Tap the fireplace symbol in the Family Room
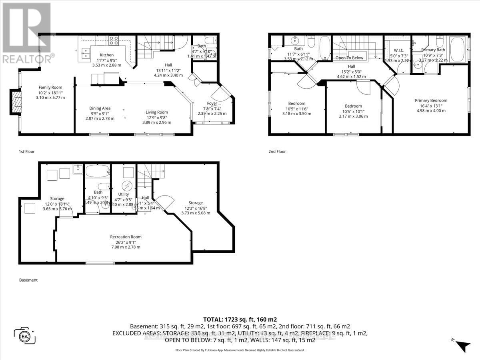point(16,103)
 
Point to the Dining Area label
point(100,108)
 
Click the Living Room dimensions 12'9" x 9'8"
point(156,117)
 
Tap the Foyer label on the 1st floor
point(212,103)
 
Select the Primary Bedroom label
point(431,100)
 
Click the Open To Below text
point(350,58)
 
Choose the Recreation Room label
point(126,237)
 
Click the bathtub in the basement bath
point(96,171)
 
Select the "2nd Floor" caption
point(277,152)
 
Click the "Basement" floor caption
point(28,280)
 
